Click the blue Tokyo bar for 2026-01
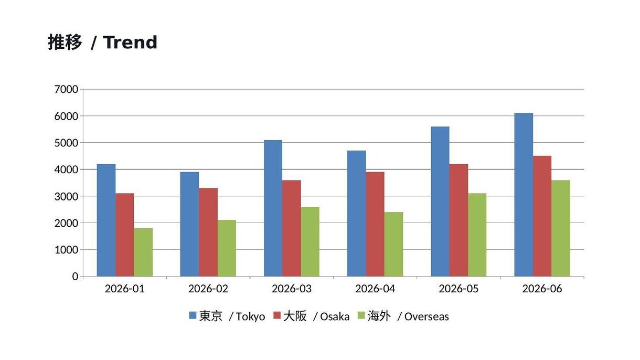point(106,220)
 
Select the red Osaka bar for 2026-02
point(208,232)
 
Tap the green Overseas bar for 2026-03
point(310,242)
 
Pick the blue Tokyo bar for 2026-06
point(524,195)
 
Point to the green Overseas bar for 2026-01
point(143,252)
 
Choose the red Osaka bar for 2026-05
point(459,220)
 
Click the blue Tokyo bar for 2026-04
point(357,214)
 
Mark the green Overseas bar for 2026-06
point(561,228)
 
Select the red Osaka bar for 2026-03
point(292,228)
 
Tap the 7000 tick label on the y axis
point(66,89)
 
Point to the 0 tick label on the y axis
point(75,277)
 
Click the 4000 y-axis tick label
point(66,170)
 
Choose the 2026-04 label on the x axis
point(375,289)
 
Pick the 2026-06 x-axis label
point(542,289)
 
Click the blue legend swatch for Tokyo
point(193,315)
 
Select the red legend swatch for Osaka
point(277,315)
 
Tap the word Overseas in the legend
point(426,316)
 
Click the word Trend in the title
point(130,43)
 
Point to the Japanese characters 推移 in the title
point(65,43)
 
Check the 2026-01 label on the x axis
point(124,289)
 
